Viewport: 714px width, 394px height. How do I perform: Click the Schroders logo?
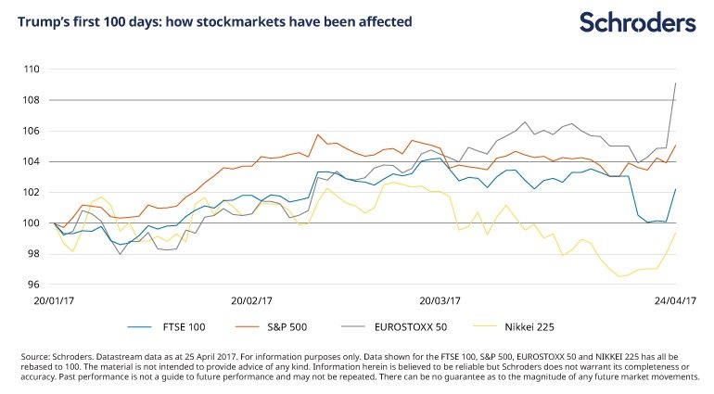[x=637, y=21]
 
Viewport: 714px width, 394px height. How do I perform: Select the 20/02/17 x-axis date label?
[x=250, y=301]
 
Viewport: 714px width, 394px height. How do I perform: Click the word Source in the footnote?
[x=36, y=356]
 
